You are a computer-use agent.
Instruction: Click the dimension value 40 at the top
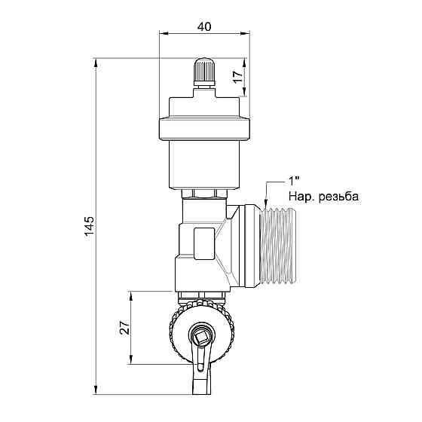point(204,26)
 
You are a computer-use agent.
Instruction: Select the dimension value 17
point(238,77)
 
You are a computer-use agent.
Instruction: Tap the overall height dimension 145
point(89,225)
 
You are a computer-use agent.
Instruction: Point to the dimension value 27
point(124,328)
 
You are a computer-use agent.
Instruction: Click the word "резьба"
point(338,197)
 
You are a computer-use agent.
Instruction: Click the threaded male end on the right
point(279,246)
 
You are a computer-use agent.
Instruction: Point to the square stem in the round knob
point(201,336)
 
